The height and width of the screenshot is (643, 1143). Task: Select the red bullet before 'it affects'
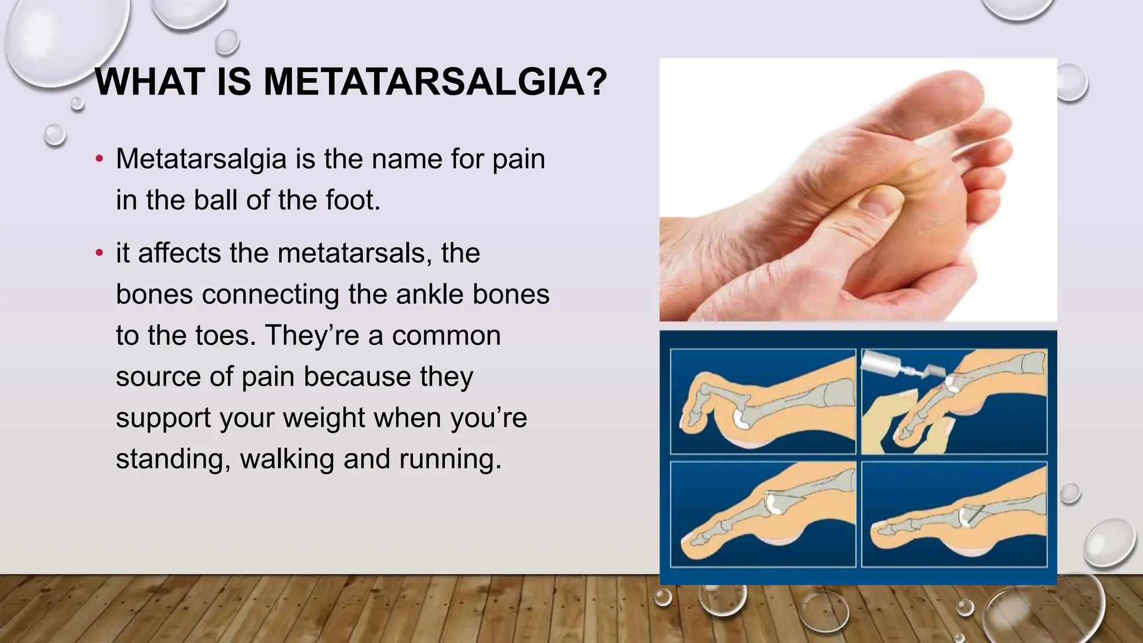tap(99, 253)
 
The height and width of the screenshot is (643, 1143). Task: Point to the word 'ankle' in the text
tap(429, 294)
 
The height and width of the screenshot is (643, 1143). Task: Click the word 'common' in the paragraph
tap(446, 335)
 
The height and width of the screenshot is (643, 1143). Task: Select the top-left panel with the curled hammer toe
tap(763, 401)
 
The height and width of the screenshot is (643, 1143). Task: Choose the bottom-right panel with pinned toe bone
tap(954, 514)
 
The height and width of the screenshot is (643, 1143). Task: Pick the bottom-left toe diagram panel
tap(763, 514)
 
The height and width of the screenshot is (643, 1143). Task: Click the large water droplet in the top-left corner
tap(61, 39)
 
